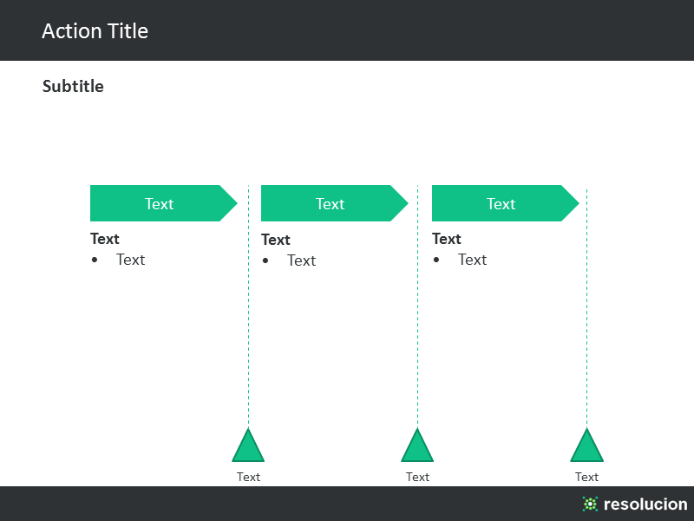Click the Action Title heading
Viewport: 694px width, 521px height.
(x=95, y=31)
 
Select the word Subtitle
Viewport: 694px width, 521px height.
(x=73, y=86)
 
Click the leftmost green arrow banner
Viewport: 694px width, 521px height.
(x=163, y=203)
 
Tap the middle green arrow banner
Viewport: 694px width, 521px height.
(x=334, y=203)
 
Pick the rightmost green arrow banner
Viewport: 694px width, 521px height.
(x=505, y=203)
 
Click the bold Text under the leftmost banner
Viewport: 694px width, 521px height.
(x=105, y=239)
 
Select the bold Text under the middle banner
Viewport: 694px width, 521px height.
(x=276, y=240)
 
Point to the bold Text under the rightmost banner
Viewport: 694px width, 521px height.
(x=447, y=239)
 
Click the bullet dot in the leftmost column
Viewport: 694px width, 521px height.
(x=95, y=260)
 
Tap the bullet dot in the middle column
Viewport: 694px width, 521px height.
(x=265, y=260)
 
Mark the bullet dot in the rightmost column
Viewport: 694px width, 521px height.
(x=436, y=260)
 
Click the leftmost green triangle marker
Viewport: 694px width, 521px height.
(x=248, y=445)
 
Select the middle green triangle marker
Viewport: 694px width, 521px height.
(x=417, y=445)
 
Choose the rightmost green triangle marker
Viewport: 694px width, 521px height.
(x=587, y=445)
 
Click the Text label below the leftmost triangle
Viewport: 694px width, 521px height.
(x=248, y=477)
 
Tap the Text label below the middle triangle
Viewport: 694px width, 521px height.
(x=417, y=477)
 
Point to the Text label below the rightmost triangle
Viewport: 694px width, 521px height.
(x=586, y=477)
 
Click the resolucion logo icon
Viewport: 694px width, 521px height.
(x=590, y=504)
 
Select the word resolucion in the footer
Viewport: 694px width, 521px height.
(x=645, y=504)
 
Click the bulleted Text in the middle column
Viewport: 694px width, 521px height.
(x=301, y=260)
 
